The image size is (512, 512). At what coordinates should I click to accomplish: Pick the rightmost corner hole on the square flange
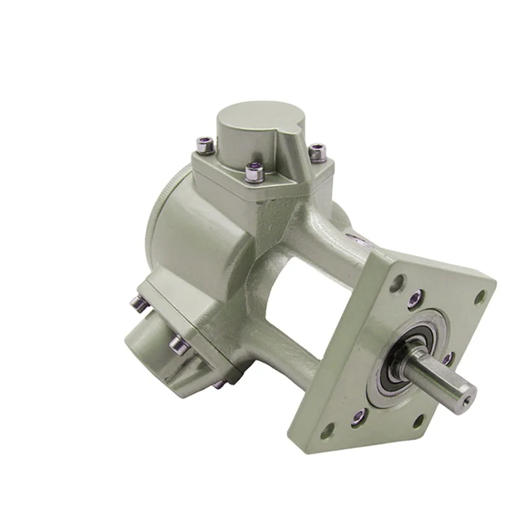(x=479, y=296)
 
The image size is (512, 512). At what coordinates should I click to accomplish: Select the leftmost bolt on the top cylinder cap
(x=205, y=146)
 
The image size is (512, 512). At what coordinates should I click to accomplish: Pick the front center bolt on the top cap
(x=254, y=172)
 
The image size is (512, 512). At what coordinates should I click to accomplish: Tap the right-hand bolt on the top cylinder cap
(x=317, y=152)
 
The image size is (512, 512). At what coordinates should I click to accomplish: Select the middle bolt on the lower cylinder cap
(x=179, y=346)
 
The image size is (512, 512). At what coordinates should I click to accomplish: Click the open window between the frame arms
(x=301, y=301)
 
